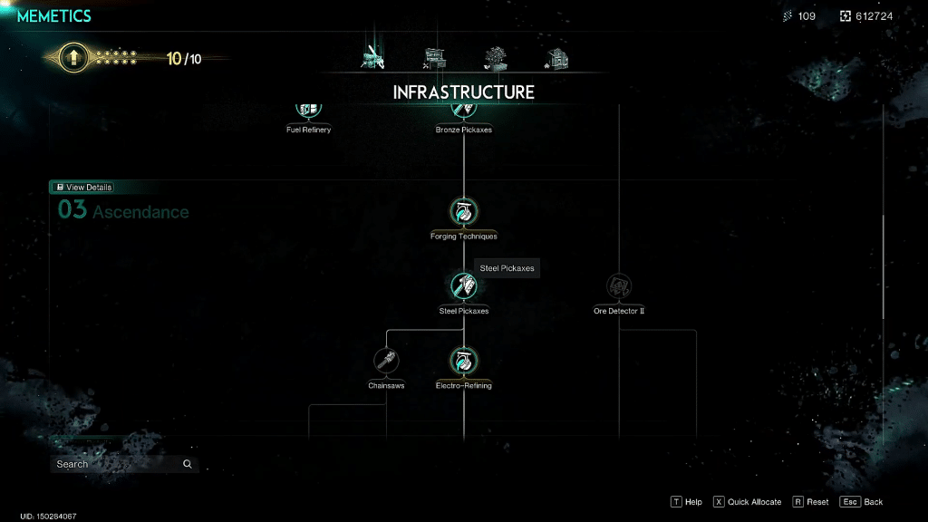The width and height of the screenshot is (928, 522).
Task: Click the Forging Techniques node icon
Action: [x=463, y=211]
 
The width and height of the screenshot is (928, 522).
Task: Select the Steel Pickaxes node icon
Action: [x=463, y=285]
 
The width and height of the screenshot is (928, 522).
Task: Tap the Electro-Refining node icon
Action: [x=463, y=361]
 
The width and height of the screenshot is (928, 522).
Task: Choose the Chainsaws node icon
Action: [x=386, y=361]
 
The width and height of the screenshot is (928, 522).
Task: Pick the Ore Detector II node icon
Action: [x=618, y=285]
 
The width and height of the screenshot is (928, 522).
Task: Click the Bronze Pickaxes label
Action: [x=463, y=130]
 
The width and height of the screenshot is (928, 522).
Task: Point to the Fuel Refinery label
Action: [x=308, y=130]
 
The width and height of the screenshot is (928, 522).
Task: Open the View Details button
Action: [x=83, y=187]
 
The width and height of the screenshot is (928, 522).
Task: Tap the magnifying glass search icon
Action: [x=187, y=464]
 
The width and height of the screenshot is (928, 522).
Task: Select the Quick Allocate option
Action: [x=747, y=502]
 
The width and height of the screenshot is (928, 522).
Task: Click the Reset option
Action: [x=810, y=502]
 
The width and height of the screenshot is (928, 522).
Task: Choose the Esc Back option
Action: [x=861, y=502]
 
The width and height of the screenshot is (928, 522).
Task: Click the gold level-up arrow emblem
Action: [x=73, y=57]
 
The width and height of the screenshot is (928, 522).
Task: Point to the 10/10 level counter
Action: [x=183, y=59]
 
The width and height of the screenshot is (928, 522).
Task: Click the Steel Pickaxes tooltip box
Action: [x=507, y=268]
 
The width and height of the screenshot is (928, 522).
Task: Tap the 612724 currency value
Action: [x=874, y=16]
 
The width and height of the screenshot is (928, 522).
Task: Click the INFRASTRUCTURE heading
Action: [x=463, y=92]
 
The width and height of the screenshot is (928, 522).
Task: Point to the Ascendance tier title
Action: [x=140, y=212]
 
